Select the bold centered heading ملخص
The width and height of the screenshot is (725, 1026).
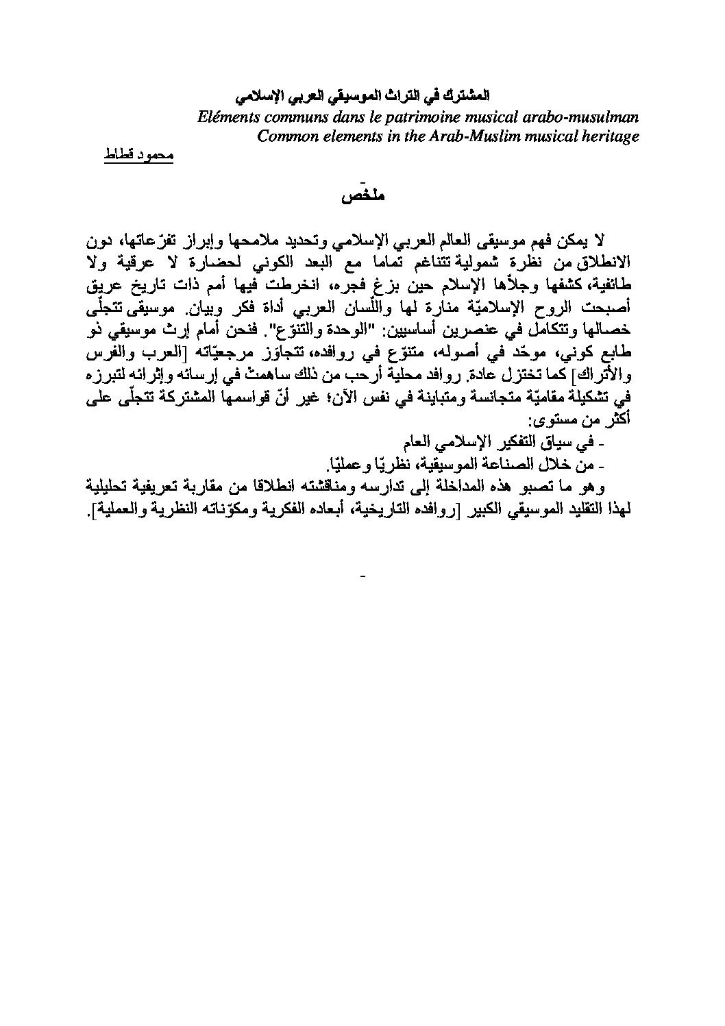point(362,197)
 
